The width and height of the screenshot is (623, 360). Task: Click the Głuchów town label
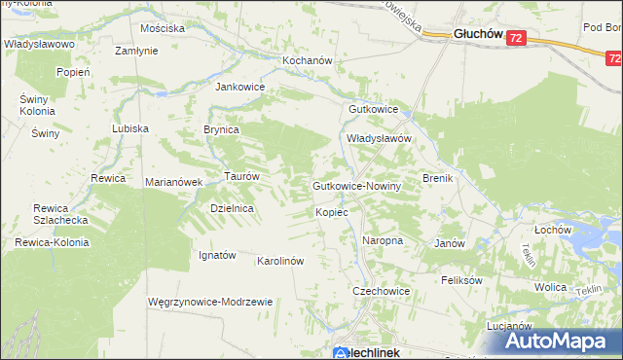click(478, 34)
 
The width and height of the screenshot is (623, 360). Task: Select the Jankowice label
click(239, 86)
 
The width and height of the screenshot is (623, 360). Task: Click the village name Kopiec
click(332, 211)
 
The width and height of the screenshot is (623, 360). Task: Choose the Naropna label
click(383, 239)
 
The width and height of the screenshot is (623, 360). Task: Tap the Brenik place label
click(439, 178)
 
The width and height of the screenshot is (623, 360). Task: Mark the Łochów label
click(552, 230)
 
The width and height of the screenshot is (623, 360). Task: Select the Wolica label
click(550, 287)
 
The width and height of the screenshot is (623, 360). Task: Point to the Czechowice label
click(381, 291)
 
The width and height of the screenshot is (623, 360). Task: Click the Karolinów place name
click(281, 261)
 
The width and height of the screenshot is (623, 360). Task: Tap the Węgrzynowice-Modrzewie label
click(209, 302)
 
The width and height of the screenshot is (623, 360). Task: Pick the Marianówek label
click(172, 182)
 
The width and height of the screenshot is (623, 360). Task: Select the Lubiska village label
click(129, 128)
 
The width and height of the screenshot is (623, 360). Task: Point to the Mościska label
click(163, 28)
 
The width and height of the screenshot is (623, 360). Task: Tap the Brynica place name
click(221, 129)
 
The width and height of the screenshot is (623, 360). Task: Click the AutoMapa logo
click(560, 340)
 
